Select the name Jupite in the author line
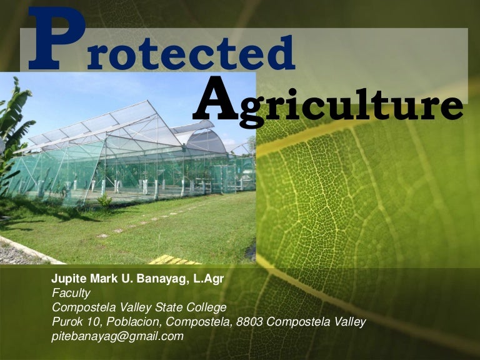click(67, 279)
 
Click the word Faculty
click(71, 293)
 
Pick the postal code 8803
click(263, 322)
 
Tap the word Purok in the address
click(66, 322)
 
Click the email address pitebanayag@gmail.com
click(117, 336)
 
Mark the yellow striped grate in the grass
click(175, 259)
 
